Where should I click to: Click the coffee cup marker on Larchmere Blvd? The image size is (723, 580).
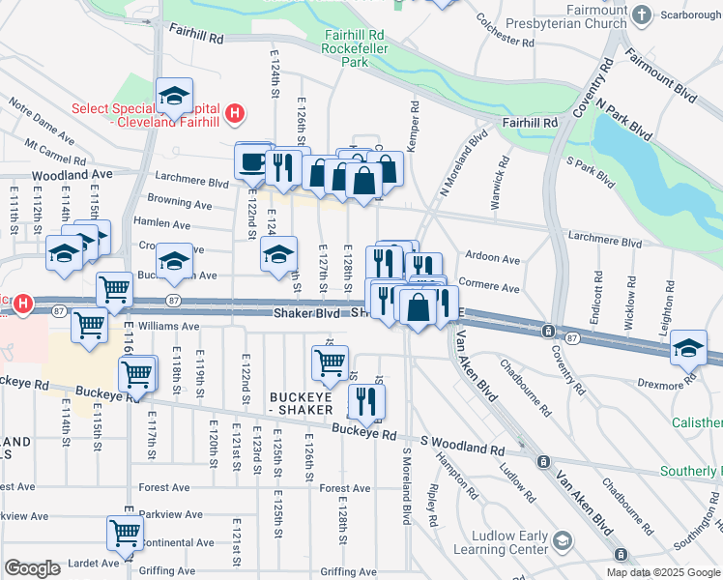click(x=253, y=161)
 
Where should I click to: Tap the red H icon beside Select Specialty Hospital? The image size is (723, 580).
click(x=233, y=116)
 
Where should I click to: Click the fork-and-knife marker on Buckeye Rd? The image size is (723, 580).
click(x=365, y=401)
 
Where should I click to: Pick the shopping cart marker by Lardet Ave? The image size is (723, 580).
click(x=125, y=533)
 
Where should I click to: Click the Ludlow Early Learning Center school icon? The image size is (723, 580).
click(x=562, y=538)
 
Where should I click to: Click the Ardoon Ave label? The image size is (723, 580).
click(x=492, y=260)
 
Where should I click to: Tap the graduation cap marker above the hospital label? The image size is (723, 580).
click(x=175, y=95)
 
